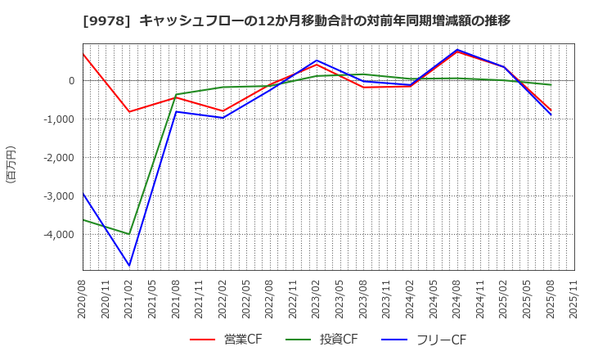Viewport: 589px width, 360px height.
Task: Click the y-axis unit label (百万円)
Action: pyautogui.click(x=11, y=164)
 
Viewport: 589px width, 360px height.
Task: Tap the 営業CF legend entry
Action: pyautogui.click(x=227, y=340)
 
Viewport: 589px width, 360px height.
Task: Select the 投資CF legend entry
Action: pyautogui.click(x=321, y=340)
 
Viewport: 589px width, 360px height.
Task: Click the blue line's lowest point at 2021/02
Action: pyautogui.click(x=129, y=265)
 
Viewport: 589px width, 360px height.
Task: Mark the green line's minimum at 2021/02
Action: pyautogui.click(x=129, y=234)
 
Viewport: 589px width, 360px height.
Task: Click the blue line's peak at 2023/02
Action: pyautogui.click(x=317, y=61)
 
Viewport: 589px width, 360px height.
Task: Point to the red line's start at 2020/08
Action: pyautogui.click(x=83, y=54)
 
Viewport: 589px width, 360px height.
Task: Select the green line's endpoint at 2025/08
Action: pyautogui.click(x=551, y=85)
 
